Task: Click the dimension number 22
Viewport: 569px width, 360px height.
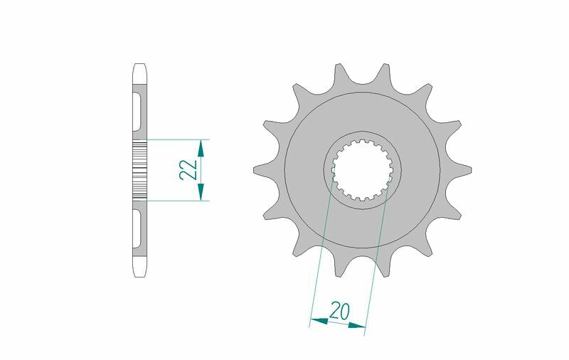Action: (187, 169)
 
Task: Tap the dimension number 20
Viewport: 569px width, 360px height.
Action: (339, 311)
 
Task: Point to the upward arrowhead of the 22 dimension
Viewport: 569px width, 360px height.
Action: (201, 147)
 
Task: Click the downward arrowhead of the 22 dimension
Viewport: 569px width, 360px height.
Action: (201, 191)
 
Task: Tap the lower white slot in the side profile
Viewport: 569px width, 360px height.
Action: (136, 225)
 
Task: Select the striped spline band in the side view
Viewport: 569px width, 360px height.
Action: (139, 169)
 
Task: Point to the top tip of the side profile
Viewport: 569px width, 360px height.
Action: (139, 68)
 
